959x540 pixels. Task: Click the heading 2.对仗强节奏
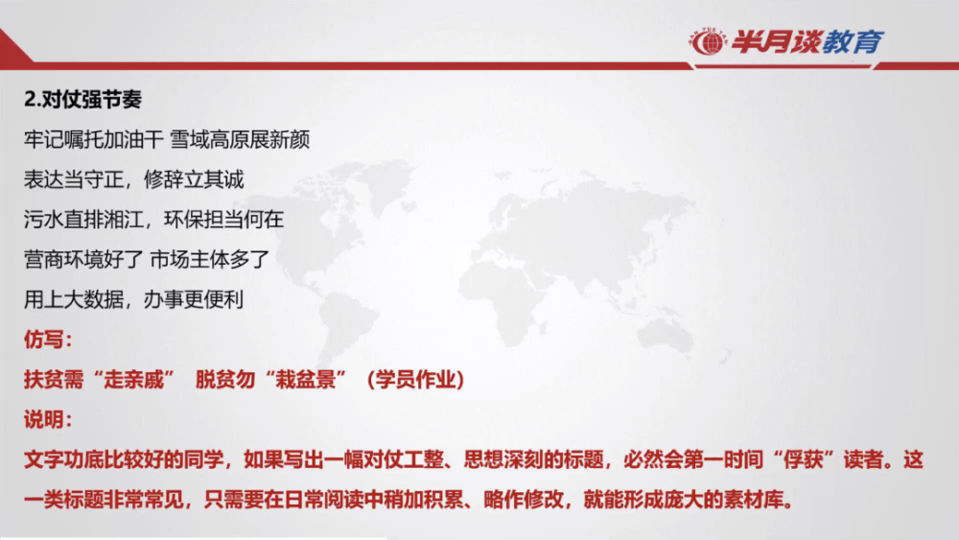(x=82, y=100)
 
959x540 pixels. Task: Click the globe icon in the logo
(x=709, y=42)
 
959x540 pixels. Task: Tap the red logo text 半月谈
(x=774, y=42)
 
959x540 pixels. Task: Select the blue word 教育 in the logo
(x=852, y=42)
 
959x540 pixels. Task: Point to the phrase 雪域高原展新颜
(x=240, y=140)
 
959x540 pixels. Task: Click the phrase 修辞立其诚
(x=194, y=179)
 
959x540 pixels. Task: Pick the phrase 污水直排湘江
(x=83, y=220)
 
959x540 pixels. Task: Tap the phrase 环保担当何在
(x=223, y=220)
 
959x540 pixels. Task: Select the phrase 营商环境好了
(x=83, y=259)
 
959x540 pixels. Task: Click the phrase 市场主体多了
(x=209, y=259)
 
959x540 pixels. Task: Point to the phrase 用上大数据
(x=74, y=299)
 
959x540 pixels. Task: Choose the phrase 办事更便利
(x=194, y=299)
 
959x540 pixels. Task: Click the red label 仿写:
(x=48, y=340)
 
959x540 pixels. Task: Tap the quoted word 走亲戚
(x=134, y=380)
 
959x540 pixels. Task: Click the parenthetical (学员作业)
(x=415, y=380)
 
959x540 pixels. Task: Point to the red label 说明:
(x=48, y=419)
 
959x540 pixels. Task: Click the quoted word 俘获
(x=804, y=459)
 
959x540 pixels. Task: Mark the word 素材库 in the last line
(x=754, y=501)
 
